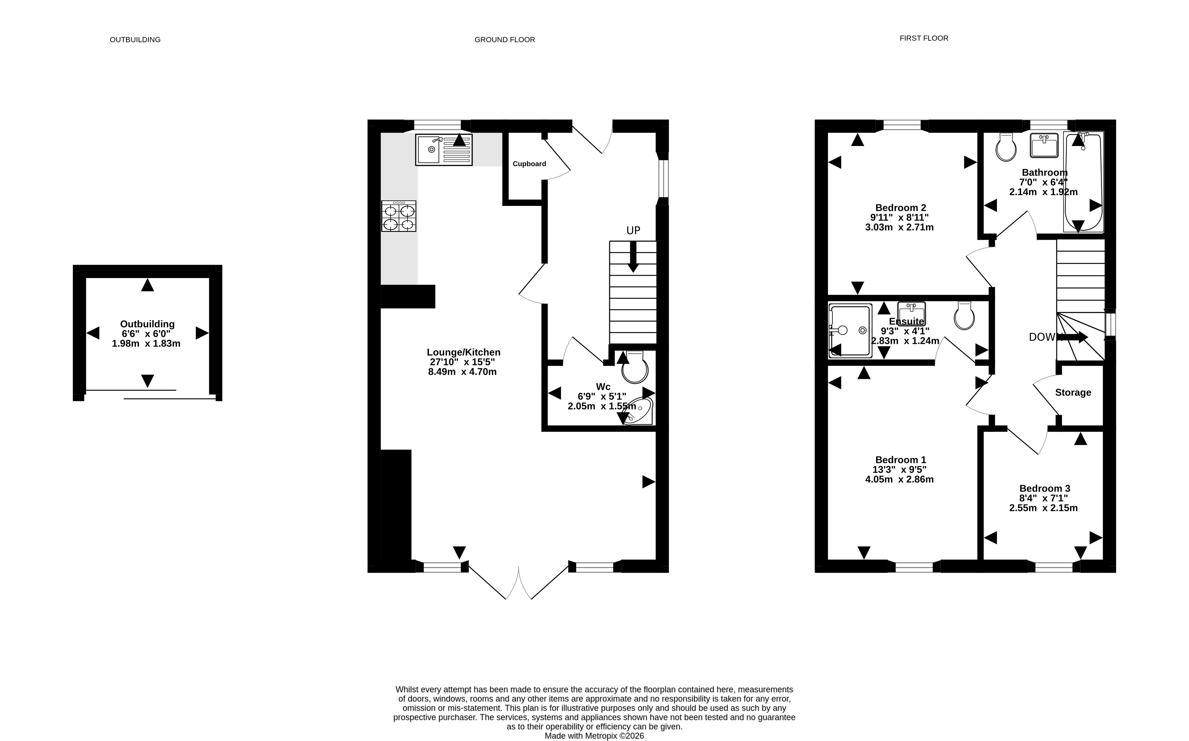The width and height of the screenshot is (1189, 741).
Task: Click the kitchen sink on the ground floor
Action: tap(444, 149)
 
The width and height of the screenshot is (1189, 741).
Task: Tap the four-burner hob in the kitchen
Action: tap(399, 216)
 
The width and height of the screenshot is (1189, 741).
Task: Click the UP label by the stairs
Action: tap(633, 230)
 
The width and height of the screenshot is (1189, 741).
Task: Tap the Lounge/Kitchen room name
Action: tap(463, 352)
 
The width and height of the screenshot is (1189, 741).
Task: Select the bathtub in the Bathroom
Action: tap(1083, 181)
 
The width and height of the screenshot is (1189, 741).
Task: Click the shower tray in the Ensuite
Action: tap(850, 331)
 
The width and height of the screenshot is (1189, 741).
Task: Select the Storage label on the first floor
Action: tap(1073, 392)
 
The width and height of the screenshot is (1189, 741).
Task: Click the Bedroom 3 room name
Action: tap(1044, 488)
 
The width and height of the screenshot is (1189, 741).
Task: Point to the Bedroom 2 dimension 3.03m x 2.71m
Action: tap(899, 227)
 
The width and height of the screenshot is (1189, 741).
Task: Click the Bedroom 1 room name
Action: tap(900, 460)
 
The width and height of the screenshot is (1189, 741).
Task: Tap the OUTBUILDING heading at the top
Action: tap(135, 40)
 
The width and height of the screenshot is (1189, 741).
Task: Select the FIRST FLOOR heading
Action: tap(924, 38)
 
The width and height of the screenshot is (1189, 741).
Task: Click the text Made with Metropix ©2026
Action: tap(594, 736)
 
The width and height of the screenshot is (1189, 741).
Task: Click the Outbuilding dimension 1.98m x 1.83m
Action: tap(146, 344)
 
